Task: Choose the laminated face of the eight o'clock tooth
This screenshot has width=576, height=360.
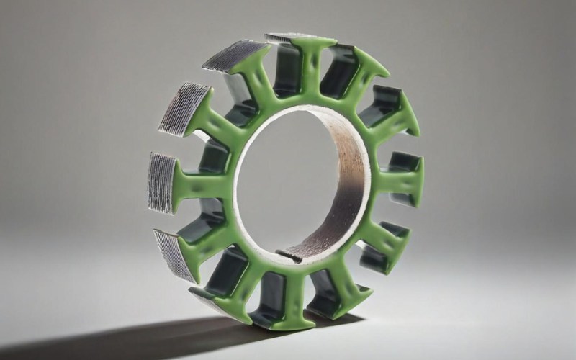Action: [x=173, y=252]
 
